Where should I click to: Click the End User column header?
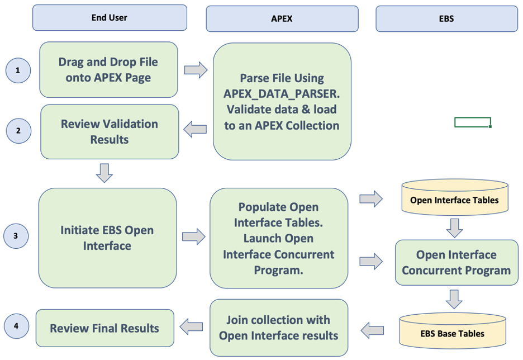click(110, 18)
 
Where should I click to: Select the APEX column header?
click(282, 19)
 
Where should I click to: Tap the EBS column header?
click(446, 19)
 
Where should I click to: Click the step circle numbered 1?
click(18, 71)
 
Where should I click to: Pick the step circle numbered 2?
click(18, 131)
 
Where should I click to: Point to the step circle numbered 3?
click(16, 236)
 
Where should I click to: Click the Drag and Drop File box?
click(108, 70)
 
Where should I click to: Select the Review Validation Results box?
click(110, 131)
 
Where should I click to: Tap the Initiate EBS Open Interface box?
click(107, 238)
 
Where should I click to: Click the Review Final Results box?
click(104, 328)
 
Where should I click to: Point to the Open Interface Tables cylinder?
click(454, 200)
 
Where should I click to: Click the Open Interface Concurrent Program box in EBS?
click(456, 263)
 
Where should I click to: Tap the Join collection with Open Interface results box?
click(278, 328)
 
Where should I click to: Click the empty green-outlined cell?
click(473, 122)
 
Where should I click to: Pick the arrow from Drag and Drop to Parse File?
click(196, 70)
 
